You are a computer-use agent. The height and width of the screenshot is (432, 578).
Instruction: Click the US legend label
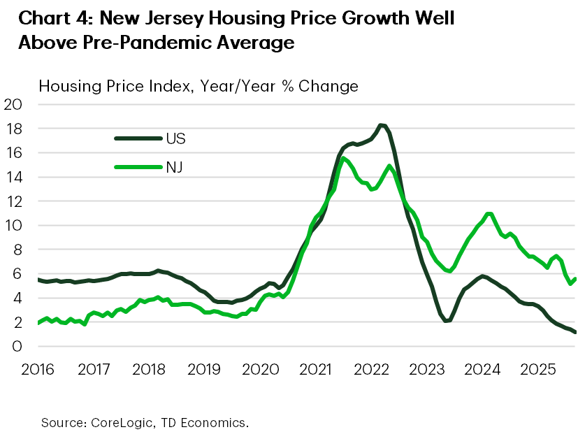pyautogui.click(x=176, y=138)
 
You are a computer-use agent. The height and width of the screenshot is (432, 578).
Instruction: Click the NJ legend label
pyautogui.click(x=175, y=168)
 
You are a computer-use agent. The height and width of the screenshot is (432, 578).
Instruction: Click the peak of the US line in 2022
pyautogui.click(x=381, y=126)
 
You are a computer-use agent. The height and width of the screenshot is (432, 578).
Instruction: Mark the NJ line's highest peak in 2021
pyautogui.click(x=342, y=158)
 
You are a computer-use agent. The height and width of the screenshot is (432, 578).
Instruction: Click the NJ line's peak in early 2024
pyautogui.click(x=489, y=214)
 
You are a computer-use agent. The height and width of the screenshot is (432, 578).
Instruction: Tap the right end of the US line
pyautogui.click(x=575, y=332)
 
